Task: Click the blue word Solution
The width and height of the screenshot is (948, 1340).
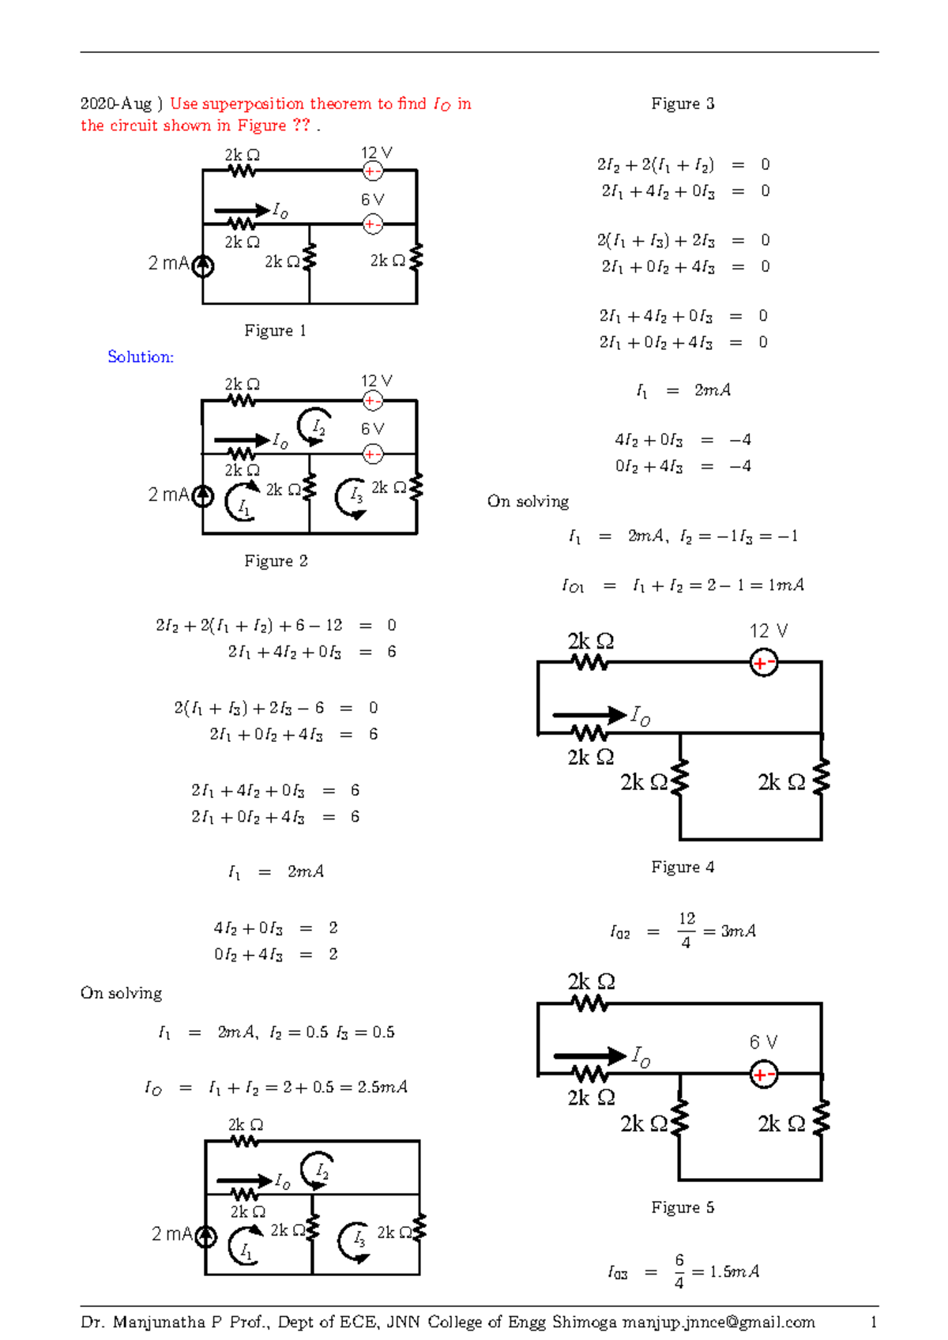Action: coord(141,357)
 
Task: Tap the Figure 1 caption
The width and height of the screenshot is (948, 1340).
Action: coord(275,330)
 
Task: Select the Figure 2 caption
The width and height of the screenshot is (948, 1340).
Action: coord(275,561)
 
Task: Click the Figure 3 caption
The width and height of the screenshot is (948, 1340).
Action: coord(683,104)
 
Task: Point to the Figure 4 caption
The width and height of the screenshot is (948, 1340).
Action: coord(683,868)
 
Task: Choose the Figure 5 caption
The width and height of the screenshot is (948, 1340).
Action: coord(683,1207)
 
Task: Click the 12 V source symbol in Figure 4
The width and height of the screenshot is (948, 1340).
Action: coord(763,663)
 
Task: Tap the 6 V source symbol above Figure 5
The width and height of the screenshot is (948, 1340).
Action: coord(763,1075)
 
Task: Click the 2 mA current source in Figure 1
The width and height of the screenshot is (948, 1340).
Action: coord(203,266)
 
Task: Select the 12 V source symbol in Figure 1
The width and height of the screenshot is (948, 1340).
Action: coord(372,171)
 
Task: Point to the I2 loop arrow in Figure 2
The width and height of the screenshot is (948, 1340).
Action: coord(315,427)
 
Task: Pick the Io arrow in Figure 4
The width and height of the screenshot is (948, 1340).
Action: coord(589,715)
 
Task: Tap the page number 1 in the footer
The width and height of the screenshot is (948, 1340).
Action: coord(874,1322)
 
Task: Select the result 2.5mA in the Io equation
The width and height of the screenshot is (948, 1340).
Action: coord(382,1087)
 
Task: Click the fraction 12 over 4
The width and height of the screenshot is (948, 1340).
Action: coord(687,931)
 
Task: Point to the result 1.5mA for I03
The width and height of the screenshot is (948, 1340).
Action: coord(734,1271)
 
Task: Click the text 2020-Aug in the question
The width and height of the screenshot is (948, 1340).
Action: coord(116,104)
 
